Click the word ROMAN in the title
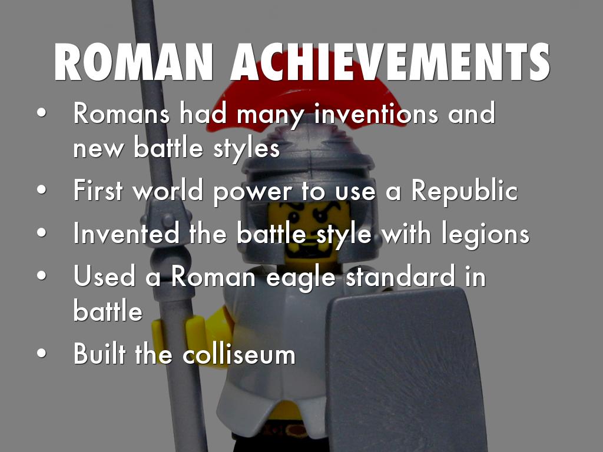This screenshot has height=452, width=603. click(134, 62)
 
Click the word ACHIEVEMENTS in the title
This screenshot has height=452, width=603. click(390, 62)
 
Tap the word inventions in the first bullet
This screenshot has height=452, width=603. click(376, 114)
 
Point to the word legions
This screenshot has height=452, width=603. click(485, 234)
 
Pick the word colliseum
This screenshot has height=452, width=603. click(239, 354)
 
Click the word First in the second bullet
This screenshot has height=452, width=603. click(98, 190)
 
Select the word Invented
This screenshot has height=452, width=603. click(126, 233)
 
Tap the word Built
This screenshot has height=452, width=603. click(99, 353)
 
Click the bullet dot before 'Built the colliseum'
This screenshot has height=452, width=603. click(42, 353)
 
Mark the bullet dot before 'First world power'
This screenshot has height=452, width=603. click(42, 190)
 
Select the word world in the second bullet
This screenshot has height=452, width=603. click(168, 190)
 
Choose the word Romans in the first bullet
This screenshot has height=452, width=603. click(121, 114)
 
